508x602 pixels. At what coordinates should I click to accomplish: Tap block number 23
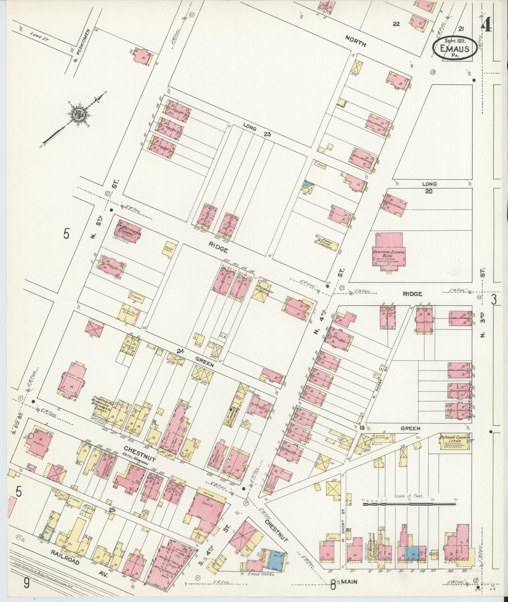point(267,134)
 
